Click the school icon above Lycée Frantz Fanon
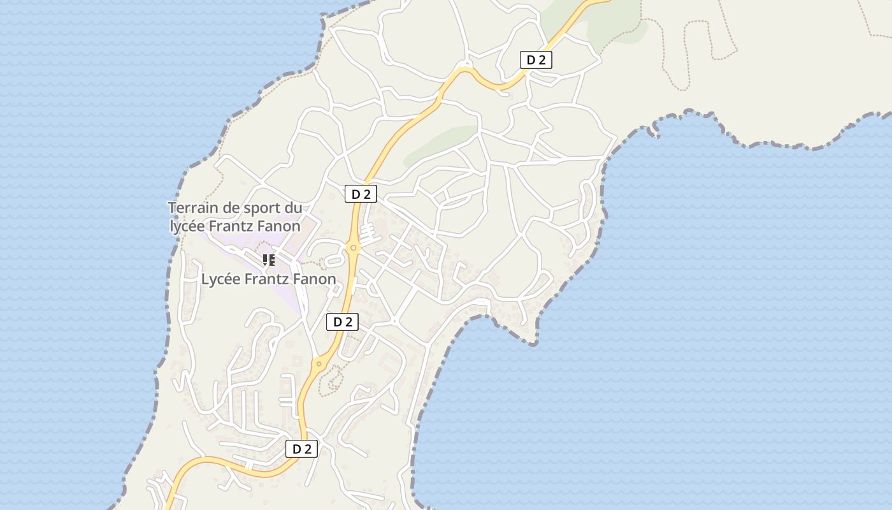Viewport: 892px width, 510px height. coord(269,259)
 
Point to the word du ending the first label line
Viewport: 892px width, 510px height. coord(293,208)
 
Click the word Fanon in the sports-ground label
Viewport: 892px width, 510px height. coord(278,226)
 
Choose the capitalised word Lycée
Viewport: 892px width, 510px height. coord(220,279)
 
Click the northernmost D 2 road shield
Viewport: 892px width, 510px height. coord(536,60)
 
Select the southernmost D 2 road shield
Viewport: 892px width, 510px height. coord(301,449)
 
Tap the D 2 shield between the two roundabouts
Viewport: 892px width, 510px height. coord(343,322)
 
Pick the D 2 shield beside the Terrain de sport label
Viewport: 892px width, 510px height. coord(361,194)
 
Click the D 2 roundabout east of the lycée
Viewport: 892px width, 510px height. coord(353,247)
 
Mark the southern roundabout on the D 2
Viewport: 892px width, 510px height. coord(319,364)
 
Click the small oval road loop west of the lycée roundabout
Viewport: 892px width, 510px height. coord(333,261)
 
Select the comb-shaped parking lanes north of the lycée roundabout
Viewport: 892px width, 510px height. coord(367,231)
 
